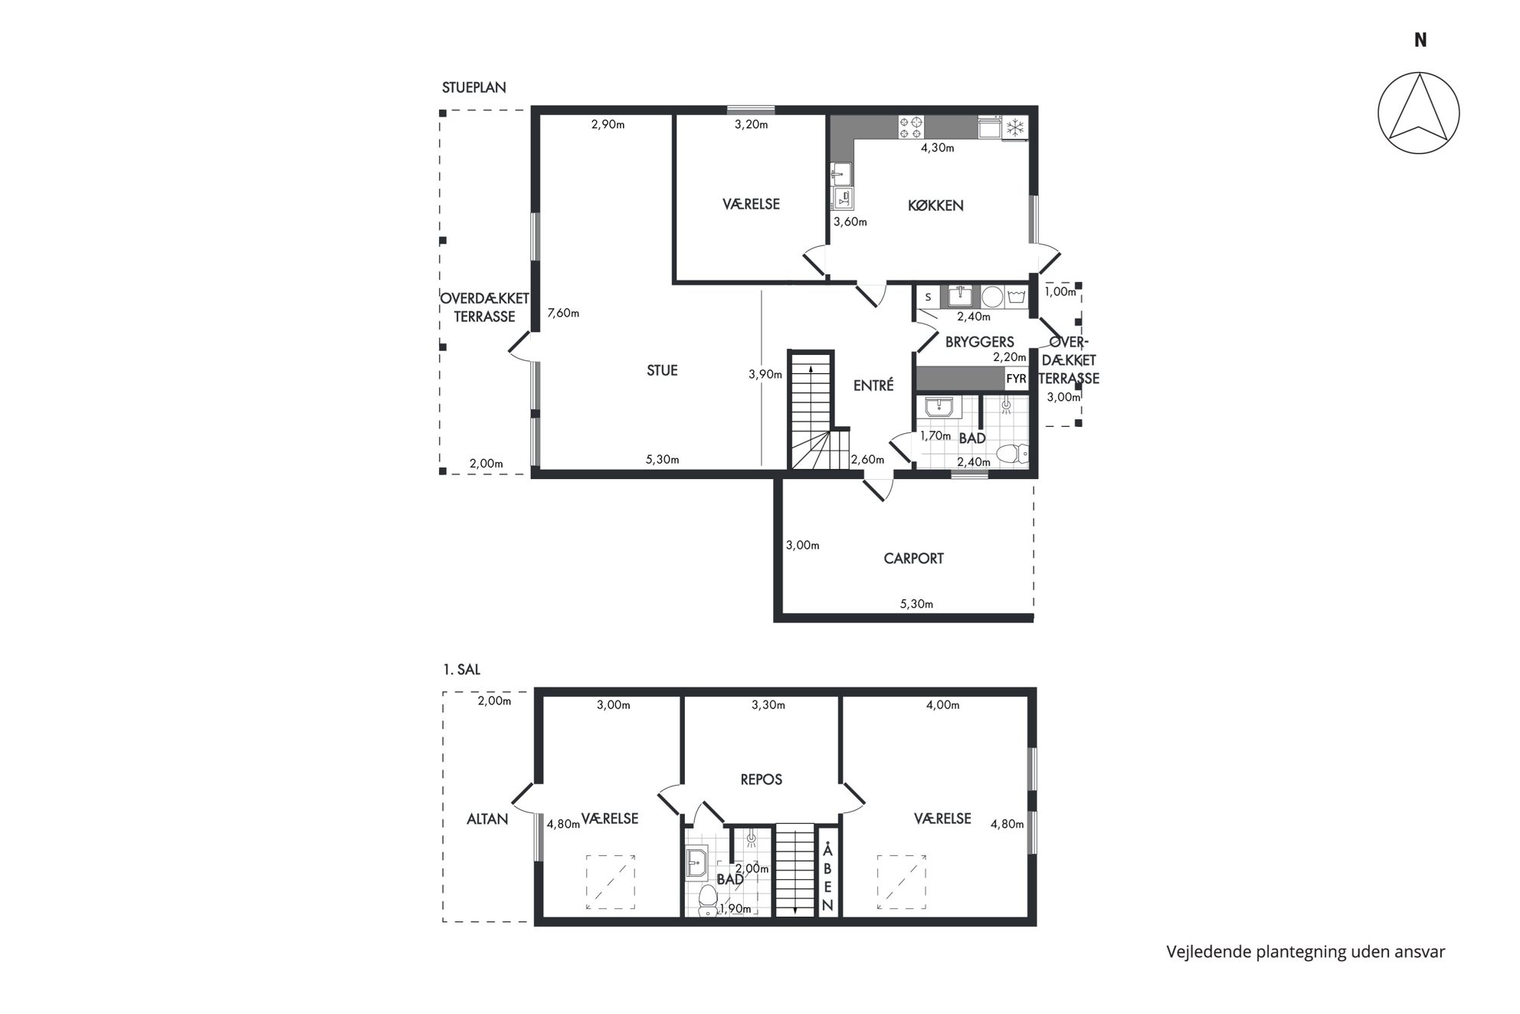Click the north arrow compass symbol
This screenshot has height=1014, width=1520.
pos(1418,113)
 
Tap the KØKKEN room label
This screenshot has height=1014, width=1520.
pos(935,205)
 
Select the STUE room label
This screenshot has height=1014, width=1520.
pos(662,370)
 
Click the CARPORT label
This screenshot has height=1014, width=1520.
pos(913,558)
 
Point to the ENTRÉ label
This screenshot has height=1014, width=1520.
pos(873,386)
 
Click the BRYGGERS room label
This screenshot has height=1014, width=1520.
pos(979,342)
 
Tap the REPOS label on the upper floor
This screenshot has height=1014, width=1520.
pos(762,779)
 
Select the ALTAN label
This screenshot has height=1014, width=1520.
pos(487,819)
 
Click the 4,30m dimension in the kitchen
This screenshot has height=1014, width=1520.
pos(937,148)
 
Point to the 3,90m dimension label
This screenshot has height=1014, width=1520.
pos(765,375)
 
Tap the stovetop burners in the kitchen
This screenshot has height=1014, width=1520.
pos(911,126)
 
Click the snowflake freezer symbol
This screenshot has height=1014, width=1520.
pos(1015,127)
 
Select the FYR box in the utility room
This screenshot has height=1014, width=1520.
pos(1016,379)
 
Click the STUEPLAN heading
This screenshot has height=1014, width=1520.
pos(473,87)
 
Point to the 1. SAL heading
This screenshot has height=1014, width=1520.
pos(461,669)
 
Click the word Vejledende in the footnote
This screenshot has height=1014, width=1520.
pos(1210,952)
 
